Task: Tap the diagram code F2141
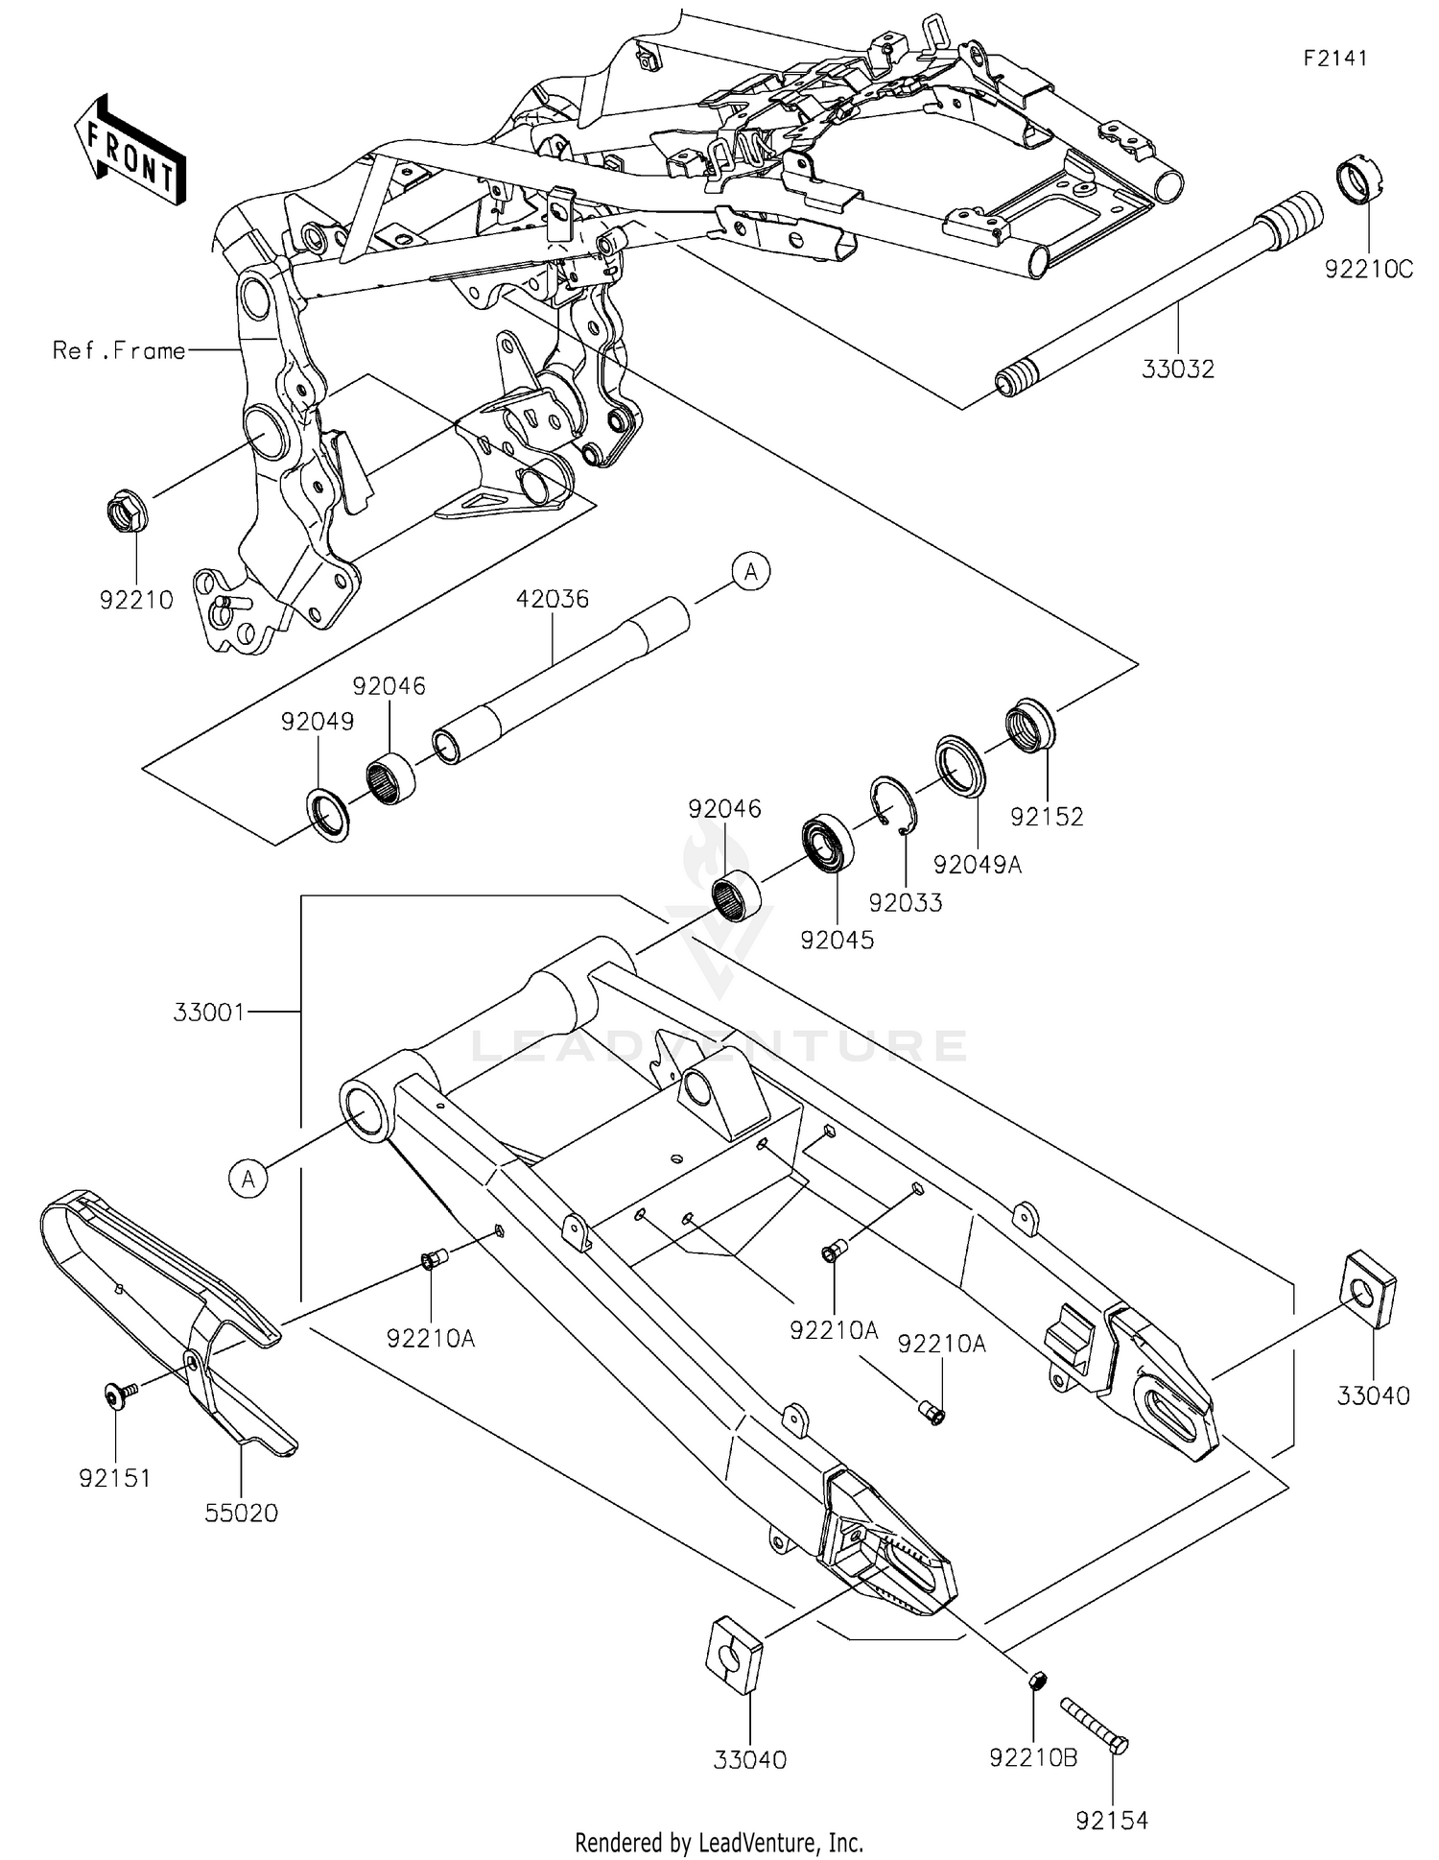(1334, 59)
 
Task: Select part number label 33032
(1177, 370)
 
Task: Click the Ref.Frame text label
(119, 351)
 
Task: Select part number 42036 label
(552, 599)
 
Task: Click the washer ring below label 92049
(327, 813)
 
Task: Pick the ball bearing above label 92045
(828, 843)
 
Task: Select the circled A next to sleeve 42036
(751, 572)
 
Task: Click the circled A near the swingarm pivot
(248, 1178)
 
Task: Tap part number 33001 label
(209, 1012)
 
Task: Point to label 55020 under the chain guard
(241, 1514)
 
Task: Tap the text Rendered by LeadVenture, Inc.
(719, 1842)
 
